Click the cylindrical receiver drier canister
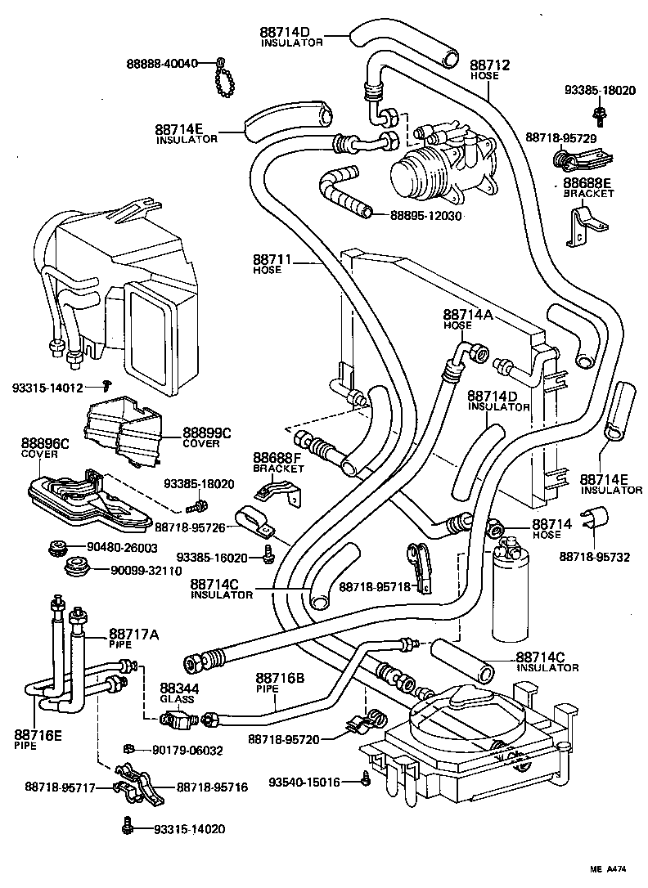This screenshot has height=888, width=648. click(513, 588)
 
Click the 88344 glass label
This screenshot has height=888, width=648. click(178, 693)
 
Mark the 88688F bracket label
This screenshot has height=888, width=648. click(278, 462)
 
